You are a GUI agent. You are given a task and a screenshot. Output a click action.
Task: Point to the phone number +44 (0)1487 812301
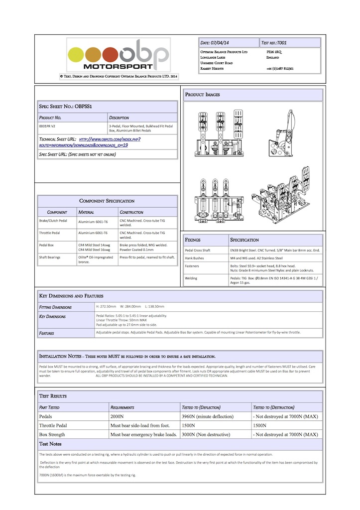pyautogui.click(x=280, y=69)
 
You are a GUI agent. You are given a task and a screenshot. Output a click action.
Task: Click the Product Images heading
pyautogui.click(x=203, y=94)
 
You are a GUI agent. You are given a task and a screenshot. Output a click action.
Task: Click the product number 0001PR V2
pyautogui.click(x=48, y=127)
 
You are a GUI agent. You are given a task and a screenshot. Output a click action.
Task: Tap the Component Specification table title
pyautogui.click(x=107, y=201)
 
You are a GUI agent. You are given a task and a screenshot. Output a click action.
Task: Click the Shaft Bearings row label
pyautogui.click(x=52, y=257)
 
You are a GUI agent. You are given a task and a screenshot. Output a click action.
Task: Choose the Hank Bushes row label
pyautogui.click(x=195, y=258)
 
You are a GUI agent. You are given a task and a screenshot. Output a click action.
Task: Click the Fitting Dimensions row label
pyautogui.click(x=55, y=307)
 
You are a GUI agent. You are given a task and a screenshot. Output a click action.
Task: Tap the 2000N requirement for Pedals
pyautogui.click(x=119, y=416)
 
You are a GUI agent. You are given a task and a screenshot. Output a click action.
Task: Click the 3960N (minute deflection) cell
pyautogui.click(x=214, y=416)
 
